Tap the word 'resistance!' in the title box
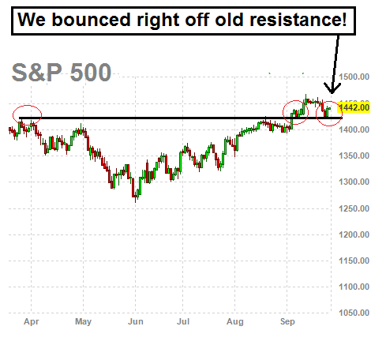tap(298, 20)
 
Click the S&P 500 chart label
tap(62, 73)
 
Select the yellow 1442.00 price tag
tap(354, 107)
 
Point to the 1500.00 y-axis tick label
tap(354, 77)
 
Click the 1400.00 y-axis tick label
tap(354, 129)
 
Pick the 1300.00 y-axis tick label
tap(354, 182)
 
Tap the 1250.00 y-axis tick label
tap(354, 208)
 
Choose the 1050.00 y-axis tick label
tap(354, 313)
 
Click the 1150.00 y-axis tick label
tap(354, 261)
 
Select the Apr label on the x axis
tap(32, 322)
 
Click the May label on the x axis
tap(83, 322)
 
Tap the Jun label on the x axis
tap(136, 321)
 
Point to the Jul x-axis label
tap(183, 321)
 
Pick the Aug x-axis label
tap(235, 322)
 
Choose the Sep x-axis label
tap(287, 322)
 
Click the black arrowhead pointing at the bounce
tap(332, 88)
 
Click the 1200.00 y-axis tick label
tap(354, 234)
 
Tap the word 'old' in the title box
tap(229, 20)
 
